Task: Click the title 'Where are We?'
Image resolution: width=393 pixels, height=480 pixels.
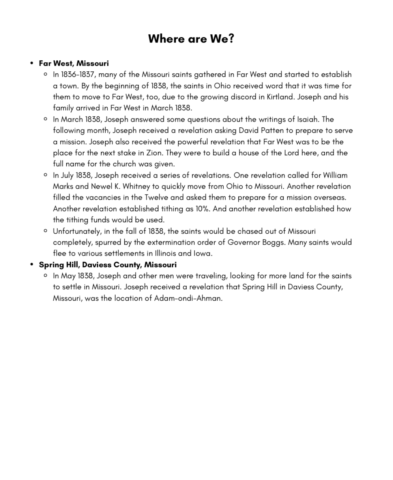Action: (x=191, y=39)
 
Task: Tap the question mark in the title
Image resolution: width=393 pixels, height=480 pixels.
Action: (x=231, y=39)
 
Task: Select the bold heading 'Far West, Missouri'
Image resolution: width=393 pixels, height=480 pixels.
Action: (x=74, y=63)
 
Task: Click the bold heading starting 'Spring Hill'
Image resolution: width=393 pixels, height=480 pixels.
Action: (x=108, y=264)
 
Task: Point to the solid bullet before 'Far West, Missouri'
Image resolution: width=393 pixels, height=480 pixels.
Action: (x=32, y=63)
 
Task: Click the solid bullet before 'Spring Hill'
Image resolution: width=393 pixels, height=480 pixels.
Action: (x=32, y=264)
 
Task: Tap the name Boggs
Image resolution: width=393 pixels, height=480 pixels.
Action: (x=273, y=242)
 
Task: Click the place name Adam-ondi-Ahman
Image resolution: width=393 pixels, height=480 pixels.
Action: (x=188, y=298)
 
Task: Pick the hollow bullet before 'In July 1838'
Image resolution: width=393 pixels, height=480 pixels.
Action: (x=46, y=175)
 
